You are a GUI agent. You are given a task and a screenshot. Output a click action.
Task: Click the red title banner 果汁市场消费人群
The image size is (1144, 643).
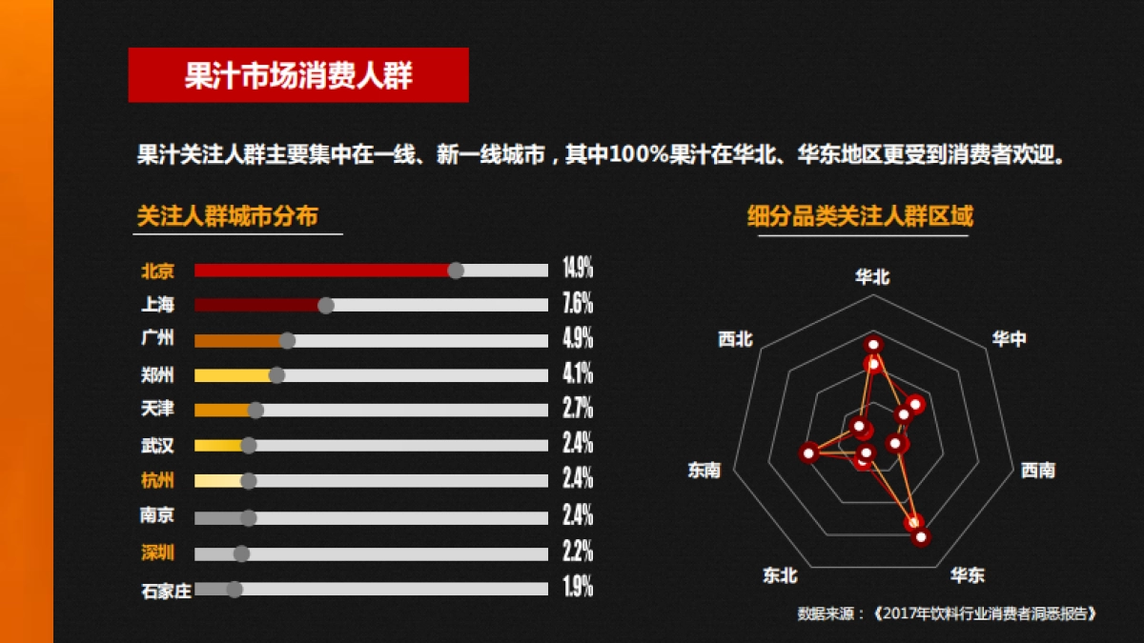click(x=298, y=75)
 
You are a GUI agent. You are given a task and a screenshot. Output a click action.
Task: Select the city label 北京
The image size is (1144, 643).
click(x=157, y=271)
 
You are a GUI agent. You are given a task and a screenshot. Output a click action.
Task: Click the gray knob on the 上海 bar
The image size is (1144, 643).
click(x=326, y=305)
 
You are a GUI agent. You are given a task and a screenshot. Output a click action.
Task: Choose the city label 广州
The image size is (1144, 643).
click(x=157, y=338)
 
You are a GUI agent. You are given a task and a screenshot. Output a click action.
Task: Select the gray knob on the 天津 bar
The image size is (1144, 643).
click(x=255, y=410)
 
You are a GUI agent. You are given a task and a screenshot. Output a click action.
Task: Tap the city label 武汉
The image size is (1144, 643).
click(x=157, y=445)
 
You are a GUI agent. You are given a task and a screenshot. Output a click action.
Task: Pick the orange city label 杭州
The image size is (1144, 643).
click(x=157, y=479)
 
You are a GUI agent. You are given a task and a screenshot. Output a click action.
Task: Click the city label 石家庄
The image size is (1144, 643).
click(x=166, y=591)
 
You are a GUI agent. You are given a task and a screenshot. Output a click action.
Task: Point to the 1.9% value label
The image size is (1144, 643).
click(x=578, y=587)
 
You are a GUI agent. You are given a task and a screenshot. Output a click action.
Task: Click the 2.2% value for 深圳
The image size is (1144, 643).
click(x=578, y=551)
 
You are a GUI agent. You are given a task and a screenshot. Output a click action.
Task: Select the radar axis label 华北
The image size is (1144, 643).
click(x=872, y=277)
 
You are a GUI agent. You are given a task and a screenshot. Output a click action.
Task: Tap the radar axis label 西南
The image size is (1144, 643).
click(x=1038, y=470)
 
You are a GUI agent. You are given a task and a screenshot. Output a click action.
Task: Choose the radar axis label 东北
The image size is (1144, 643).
click(x=780, y=575)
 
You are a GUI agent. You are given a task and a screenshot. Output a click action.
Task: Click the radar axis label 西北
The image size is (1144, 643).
click(x=735, y=338)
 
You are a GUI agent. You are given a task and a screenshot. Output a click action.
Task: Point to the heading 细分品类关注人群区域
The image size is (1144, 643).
click(x=860, y=216)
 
